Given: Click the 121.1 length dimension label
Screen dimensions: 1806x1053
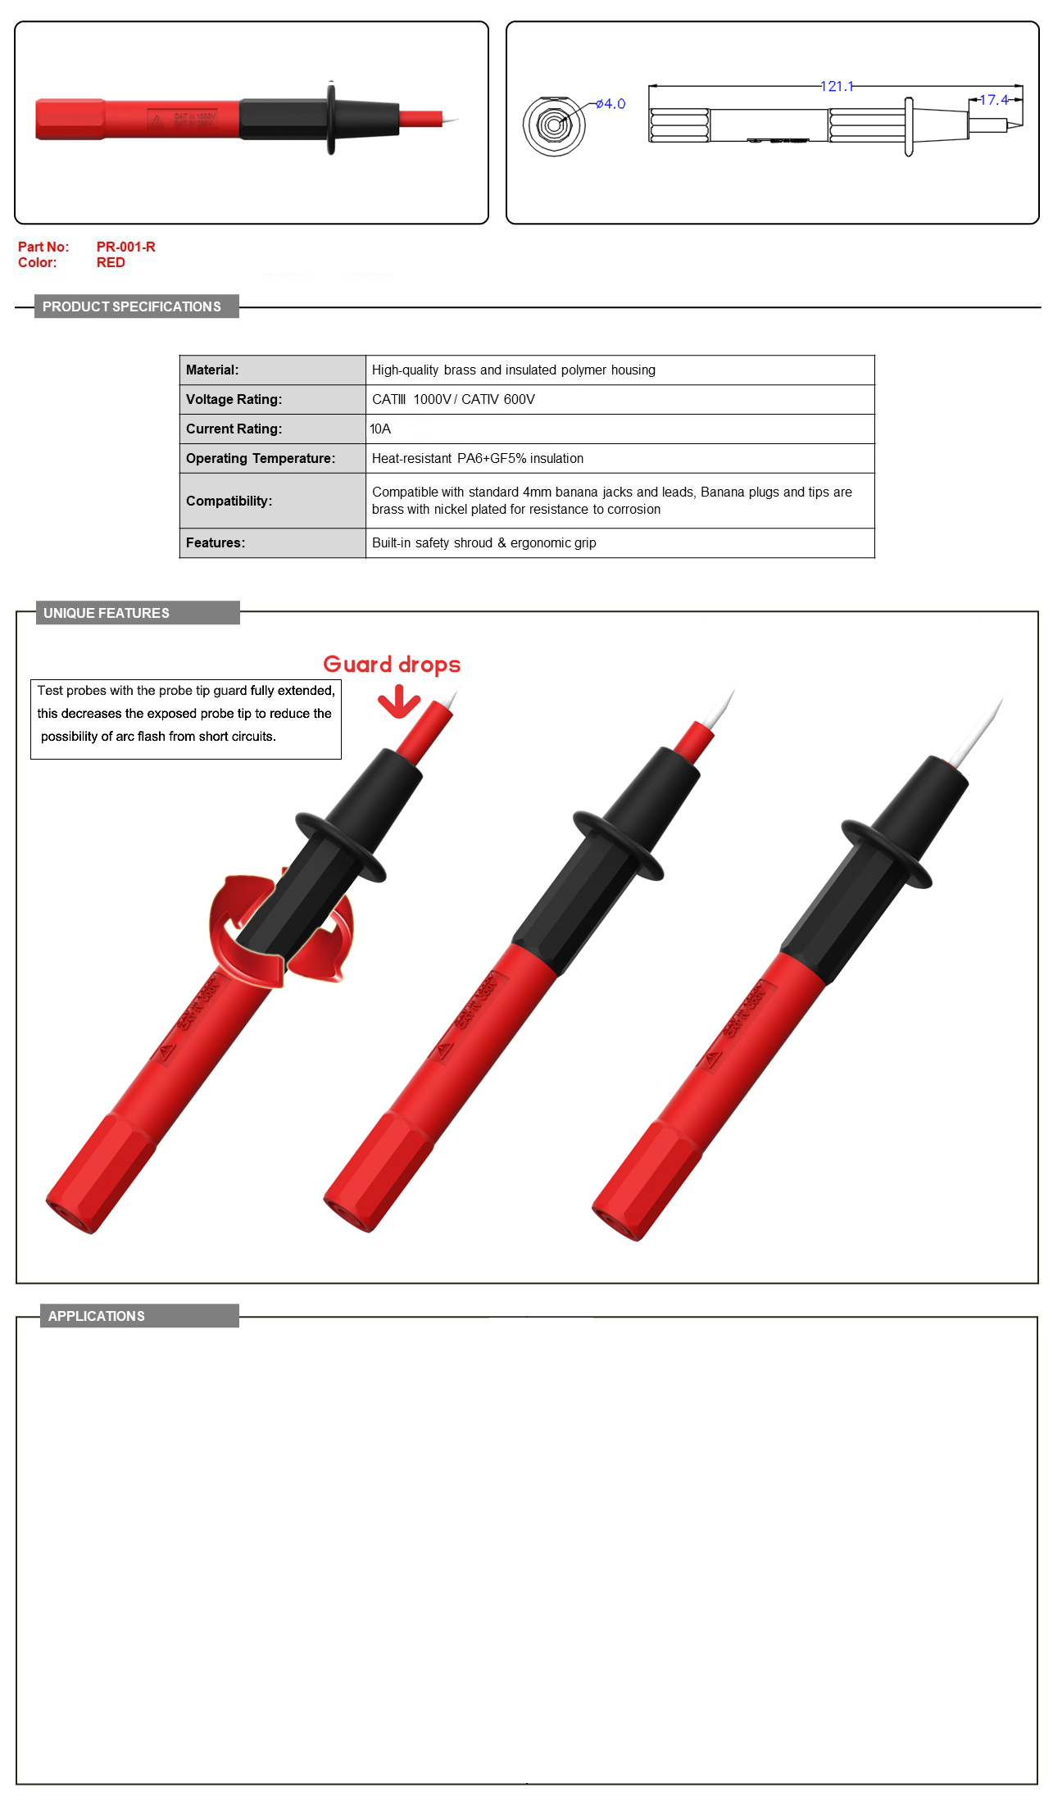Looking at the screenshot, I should (837, 86).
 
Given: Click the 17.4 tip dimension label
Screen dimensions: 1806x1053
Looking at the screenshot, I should (993, 100).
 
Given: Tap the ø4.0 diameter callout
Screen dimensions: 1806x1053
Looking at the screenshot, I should (610, 104).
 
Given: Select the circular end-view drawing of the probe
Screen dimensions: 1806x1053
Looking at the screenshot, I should (554, 125).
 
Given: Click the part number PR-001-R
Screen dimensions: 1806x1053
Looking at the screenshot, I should (125, 247).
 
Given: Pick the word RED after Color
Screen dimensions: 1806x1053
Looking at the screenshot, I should (111, 262).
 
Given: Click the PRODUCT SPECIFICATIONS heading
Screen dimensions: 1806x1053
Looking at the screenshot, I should (132, 306).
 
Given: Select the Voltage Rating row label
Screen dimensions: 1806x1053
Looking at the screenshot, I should (234, 399).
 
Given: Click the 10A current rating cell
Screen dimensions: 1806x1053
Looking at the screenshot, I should (380, 429).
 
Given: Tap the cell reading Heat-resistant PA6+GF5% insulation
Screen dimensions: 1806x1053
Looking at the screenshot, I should (478, 458).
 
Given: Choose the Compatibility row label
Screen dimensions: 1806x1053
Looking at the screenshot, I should (229, 501).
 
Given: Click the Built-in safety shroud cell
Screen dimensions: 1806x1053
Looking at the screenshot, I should (483, 542).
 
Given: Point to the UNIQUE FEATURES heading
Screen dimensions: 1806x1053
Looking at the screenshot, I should (107, 613).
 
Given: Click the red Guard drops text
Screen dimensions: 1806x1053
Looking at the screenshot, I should (392, 665).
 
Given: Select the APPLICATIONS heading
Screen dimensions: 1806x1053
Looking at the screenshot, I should (97, 1316).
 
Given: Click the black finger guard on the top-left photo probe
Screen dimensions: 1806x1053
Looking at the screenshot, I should (331, 118).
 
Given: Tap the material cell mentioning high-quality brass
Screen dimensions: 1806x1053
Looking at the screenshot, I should (514, 370).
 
